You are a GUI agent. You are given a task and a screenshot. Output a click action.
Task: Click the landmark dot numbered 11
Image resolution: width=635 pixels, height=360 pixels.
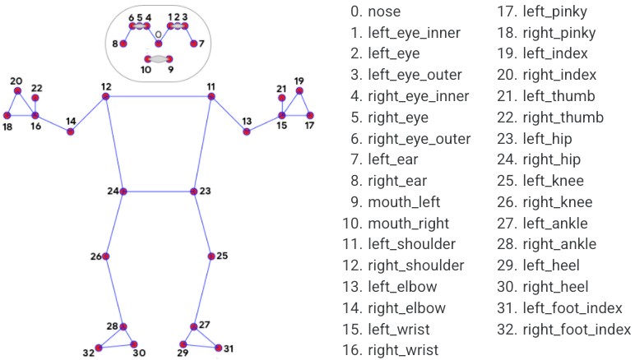click(x=211, y=96)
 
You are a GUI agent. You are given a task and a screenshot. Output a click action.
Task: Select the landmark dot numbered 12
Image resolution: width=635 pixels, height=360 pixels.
click(x=106, y=96)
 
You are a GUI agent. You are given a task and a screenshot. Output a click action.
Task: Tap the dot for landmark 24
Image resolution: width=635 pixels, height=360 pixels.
click(x=123, y=192)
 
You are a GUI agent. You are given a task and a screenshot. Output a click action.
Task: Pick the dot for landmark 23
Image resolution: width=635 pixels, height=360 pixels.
click(x=194, y=192)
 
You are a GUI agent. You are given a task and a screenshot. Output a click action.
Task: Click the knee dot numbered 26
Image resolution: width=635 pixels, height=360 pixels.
click(x=105, y=256)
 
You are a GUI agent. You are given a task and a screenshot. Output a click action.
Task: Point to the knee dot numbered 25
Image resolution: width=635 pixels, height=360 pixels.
click(x=211, y=256)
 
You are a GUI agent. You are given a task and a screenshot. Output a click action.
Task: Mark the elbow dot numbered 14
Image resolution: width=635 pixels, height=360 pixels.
click(x=71, y=132)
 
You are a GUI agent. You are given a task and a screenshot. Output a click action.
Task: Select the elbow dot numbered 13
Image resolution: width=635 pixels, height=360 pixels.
click(x=247, y=132)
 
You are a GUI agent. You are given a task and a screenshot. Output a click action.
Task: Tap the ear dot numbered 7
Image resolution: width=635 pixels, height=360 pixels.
click(x=194, y=44)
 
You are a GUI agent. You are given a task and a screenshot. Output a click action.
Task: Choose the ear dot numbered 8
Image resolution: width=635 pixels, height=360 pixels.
click(x=123, y=44)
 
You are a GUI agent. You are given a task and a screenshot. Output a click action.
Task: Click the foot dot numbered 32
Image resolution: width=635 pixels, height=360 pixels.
click(x=98, y=348)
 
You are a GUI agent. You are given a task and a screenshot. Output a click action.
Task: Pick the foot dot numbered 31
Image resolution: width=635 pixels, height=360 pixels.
click(x=219, y=348)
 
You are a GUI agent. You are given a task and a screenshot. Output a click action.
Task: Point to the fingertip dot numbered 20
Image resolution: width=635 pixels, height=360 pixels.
click(x=17, y=91)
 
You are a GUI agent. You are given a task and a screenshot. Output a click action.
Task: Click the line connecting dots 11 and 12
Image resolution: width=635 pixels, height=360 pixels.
click(x=159, y=96)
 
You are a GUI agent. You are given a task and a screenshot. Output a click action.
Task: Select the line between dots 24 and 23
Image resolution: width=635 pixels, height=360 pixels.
click(x=159, y=192)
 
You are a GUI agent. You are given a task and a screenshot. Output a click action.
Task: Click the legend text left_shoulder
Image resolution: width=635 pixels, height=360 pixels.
click(x=401, y=244)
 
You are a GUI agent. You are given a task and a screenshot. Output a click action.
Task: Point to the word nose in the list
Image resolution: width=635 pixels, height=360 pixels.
click(x=386, y=12)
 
